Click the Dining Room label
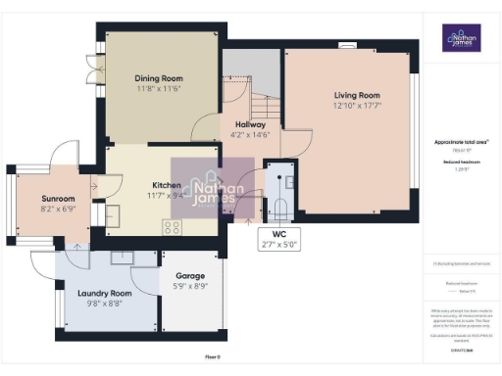[x=158, y=78]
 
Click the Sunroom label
[x=58, y=199]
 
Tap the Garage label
[x=189, y=276]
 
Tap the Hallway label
[x=248, y=123]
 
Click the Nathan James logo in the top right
[x=460, y=38]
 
